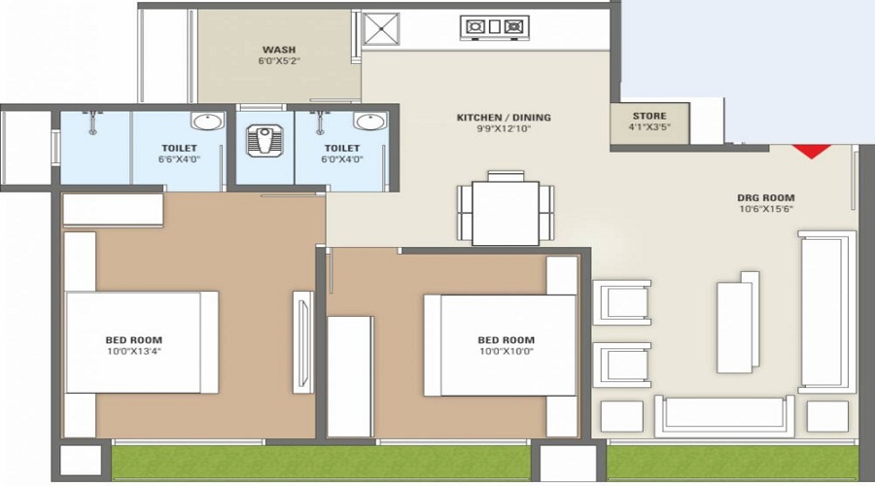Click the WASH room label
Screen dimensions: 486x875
[x=279, y=50]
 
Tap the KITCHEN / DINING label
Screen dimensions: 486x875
[x=504, y=118]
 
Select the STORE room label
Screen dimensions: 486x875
[x=648, y=117]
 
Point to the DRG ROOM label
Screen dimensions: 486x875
[x=765, y=198]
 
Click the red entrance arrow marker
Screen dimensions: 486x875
[x=811, y=151]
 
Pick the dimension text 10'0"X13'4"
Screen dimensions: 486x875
[x=132, y=351]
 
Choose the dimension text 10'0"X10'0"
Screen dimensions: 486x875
[x=506, y=351]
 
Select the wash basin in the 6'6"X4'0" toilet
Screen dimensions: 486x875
[x=206, y=122]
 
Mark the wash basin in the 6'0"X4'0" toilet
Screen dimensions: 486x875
[x=367, y=122]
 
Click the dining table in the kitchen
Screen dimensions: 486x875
[x=506, y=213]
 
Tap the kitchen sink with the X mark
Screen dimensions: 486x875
[x=381, y=29]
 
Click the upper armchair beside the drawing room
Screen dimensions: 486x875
[x=621, y=302]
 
